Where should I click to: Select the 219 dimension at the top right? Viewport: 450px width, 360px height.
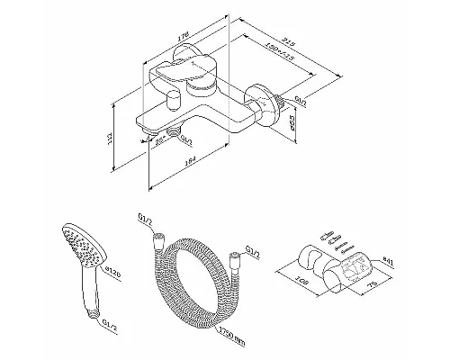point(291,41)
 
